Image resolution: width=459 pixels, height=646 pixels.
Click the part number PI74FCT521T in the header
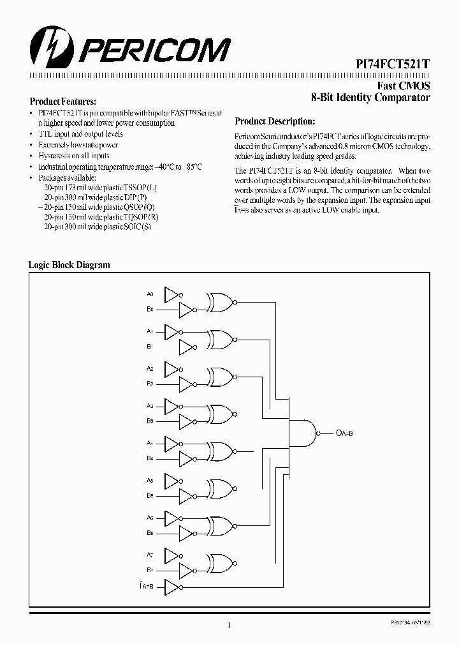point(392,64)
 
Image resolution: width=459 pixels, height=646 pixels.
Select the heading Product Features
point(63,101)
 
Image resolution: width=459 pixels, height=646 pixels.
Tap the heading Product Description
point(275,121)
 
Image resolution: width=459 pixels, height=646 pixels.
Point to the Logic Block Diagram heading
point(69,265)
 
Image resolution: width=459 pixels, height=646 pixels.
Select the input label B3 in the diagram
point(150,421)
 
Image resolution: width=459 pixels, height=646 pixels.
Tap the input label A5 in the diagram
point(150,480)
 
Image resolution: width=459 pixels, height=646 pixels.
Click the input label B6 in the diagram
point(150,532)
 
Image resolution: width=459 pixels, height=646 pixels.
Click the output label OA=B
point(344,433)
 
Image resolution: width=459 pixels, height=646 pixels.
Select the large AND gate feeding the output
point(306,433)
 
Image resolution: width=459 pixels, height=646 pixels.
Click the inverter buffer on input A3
point(172,406)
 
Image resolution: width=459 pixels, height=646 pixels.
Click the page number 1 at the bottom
point(228,625)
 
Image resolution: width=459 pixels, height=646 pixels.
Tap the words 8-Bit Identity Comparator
point(370,98)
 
